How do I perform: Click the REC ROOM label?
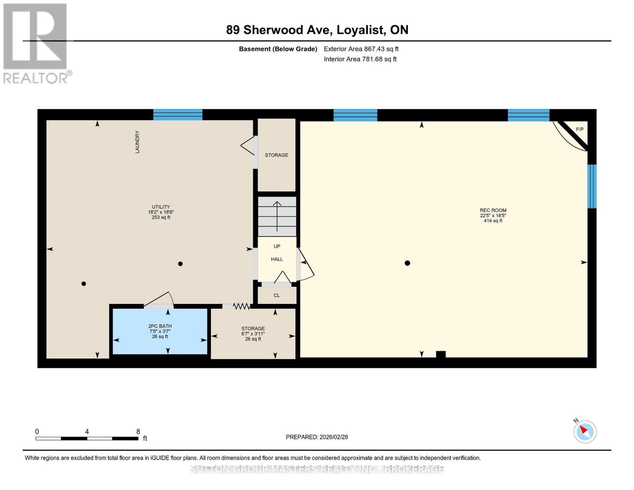coord(493,210)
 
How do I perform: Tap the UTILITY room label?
coord(161,207)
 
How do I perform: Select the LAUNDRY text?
coord(137,142)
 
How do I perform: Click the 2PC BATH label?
coord(160,326)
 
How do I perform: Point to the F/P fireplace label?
coord(580,129)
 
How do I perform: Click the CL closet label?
coord(277,295)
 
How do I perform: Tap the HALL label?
coord(277,259)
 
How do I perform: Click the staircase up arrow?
coord(277,216)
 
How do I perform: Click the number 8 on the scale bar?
coord(138,431)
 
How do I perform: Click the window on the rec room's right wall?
coord(592,187)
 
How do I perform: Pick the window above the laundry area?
coord(178,115)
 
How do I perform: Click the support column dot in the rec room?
coord(407,263)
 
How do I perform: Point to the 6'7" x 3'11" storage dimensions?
coord(253,334)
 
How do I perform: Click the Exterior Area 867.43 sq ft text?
coord(361,49)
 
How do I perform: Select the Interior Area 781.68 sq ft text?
coord(360,59)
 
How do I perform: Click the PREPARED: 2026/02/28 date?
coord(317,437)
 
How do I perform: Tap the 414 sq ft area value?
coord(493,220)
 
